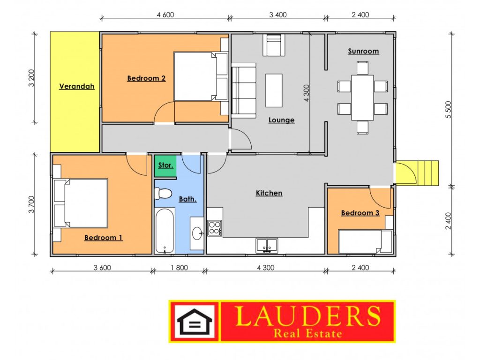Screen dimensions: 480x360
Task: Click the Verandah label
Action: coord(76,86)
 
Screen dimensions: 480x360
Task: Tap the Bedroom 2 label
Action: coord(146,78)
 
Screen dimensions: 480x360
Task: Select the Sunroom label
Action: coord(363,51)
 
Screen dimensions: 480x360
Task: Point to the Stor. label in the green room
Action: coord(165,165)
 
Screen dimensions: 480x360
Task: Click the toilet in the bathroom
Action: coord(163,193)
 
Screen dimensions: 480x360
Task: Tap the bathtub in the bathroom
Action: coord(165,231)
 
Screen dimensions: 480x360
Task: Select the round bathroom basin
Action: coord(197,233)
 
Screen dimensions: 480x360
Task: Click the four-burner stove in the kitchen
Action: coord(215,228)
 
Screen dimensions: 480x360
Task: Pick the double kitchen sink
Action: coord(267,246)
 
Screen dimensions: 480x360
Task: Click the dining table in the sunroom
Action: coord(362,97)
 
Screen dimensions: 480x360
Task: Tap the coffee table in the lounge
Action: coord(274,90)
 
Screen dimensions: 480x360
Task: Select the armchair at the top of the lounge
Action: coord(274,45)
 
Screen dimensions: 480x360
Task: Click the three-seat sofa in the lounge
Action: coord(244,90)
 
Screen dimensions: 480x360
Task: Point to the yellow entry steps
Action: coord(428,173)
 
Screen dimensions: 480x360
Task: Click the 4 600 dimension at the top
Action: coord(165,15)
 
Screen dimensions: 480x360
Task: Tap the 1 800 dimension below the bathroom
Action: coord(180,268)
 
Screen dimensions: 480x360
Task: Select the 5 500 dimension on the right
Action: coord(448,110)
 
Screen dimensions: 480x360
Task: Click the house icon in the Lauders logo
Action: coord(195,322)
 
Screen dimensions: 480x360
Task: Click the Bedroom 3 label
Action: coord(360,213)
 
